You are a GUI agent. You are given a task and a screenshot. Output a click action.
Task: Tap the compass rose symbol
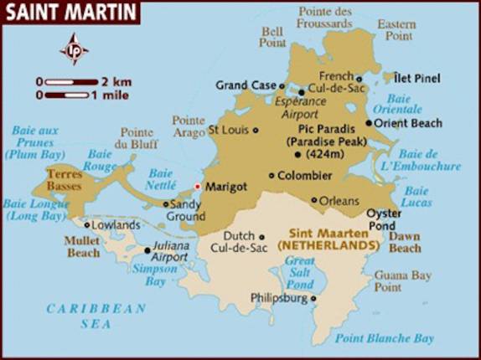pos(75,49)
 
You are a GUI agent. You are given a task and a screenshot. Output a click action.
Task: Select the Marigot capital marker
pos(198,187)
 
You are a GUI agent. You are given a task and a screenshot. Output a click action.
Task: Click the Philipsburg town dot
pos(313,297)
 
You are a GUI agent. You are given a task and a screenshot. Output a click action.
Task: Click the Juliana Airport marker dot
pos(147,249)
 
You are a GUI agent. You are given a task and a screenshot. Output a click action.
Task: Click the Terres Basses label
pos(65,178)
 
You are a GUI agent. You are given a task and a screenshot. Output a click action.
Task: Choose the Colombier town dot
pos(271,175)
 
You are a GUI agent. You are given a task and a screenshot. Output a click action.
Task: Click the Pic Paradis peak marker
pos(300,129)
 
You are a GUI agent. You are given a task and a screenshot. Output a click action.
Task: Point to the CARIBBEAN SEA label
pos(96,316)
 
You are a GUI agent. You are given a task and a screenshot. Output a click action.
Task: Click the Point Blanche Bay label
pos(384,338)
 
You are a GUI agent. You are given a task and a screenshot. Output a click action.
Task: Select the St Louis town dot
pos(256,130)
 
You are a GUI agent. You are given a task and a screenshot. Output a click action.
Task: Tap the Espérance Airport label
pos(299,105)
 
